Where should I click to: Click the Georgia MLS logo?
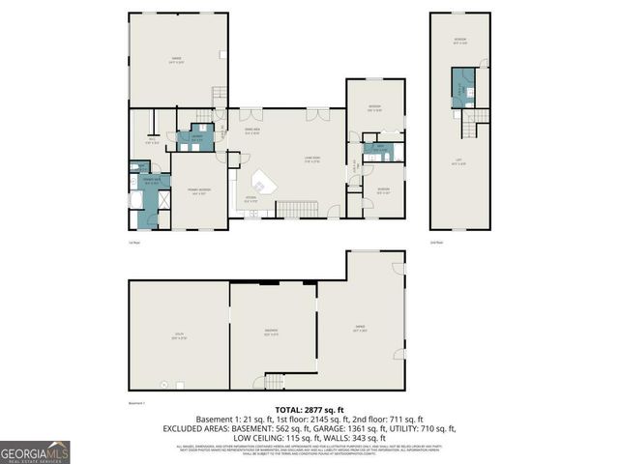[x=35, y=452]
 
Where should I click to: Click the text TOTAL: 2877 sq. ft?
[x=309, y=411]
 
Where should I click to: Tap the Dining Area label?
[x=253, y=132]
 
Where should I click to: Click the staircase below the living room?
[x=297, y=209]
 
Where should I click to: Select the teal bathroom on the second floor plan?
[x=460, y=90]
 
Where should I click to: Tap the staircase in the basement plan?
[x=273, y=383]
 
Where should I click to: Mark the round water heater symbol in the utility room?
[x=165, y=385]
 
